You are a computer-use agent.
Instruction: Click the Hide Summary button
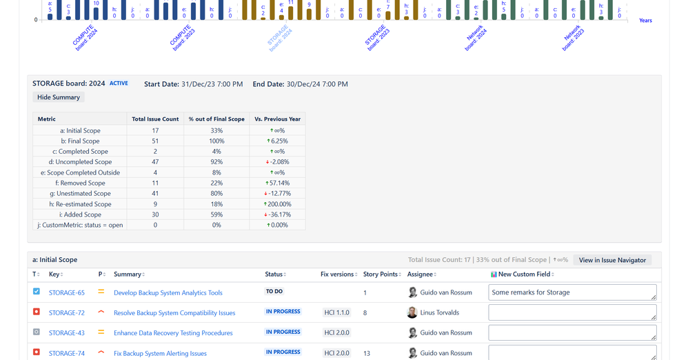59,97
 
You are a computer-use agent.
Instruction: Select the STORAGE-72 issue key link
67,313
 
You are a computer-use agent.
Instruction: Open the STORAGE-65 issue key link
67,292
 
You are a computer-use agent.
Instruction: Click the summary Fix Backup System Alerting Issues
160,353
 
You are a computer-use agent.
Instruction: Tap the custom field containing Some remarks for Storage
571,292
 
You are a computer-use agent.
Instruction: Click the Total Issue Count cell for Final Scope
155,141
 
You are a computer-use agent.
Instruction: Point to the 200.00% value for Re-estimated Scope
279,204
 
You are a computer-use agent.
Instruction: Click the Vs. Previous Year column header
277,119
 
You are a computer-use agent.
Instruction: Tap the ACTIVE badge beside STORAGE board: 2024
119,83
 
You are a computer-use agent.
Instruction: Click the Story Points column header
381,274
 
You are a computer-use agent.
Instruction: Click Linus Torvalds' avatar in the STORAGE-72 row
412,312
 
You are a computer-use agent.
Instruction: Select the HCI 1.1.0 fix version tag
336,312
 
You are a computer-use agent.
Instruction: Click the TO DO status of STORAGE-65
274,292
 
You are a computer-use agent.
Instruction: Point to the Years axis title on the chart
645,21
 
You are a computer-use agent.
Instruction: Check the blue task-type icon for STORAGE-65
37,292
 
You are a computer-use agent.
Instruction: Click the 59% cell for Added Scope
216,214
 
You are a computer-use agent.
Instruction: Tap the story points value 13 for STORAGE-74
367,353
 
